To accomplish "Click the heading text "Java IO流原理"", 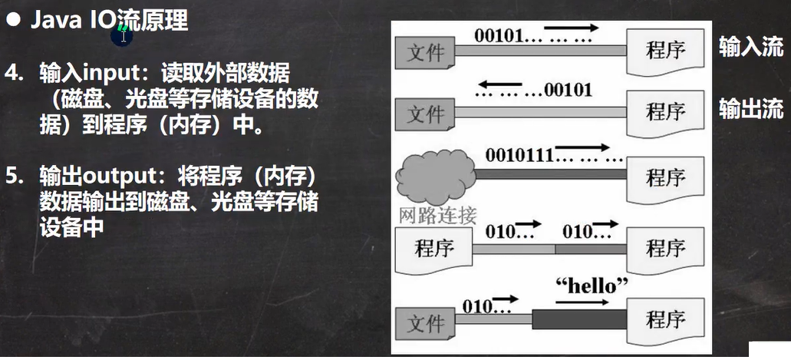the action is [x=109, y=21].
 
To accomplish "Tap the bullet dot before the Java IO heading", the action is [x=13, y=21].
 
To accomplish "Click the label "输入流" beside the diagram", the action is [x=750, y=47].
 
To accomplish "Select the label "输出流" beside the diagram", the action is [x=750, y=109].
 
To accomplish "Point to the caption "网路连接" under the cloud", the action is [x=438, y=214].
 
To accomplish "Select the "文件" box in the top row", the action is [x=424, y=52].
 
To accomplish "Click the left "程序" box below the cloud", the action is [x=433, y=248].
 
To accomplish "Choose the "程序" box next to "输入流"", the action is [x=664, y=51].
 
